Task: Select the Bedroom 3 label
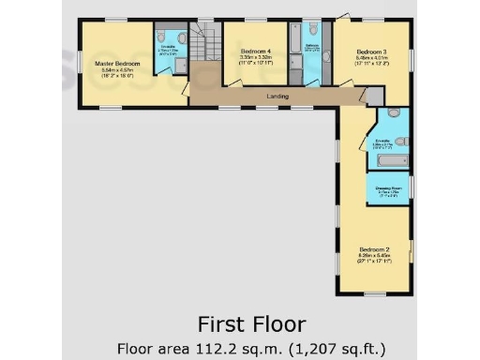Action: tap(372, 52)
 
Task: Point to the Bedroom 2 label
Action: tap(372, 248)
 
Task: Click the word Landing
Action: tap(277, 97)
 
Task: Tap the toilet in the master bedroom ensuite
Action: tap(181, 64)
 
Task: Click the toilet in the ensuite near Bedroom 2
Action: tap(400, 141)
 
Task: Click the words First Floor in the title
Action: tap(250, 324)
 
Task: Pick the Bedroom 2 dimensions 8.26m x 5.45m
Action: tap(372, 257)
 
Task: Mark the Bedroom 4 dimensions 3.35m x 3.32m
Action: tap(257, 57)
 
